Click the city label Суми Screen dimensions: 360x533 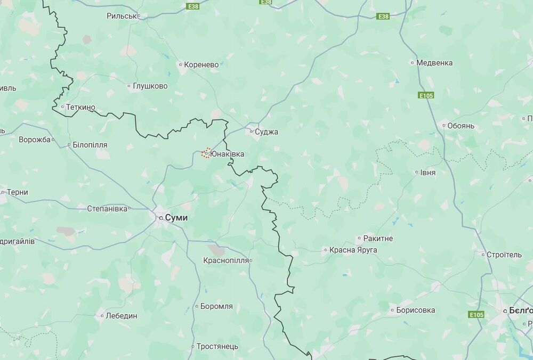[176, 218]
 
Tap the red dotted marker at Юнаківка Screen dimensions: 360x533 [206, 153]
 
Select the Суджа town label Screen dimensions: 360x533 [266, 132]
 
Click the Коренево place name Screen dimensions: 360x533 [201, 64]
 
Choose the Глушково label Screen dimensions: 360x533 [150, 86]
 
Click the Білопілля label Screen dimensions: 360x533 [90, 144]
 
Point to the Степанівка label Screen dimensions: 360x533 [107, 208]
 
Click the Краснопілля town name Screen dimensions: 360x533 [226, 260]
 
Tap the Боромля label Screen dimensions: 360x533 [216, 306]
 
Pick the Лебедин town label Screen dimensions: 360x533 [121, 315]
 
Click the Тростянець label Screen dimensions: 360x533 [217, 346]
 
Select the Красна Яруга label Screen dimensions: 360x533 [353, 249]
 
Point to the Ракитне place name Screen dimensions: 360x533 [378, 239]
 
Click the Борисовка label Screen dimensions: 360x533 [415, 310]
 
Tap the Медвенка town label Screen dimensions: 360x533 [434, 62]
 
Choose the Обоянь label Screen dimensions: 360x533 [461, 126]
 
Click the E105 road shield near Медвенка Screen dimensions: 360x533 [426, 95]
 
